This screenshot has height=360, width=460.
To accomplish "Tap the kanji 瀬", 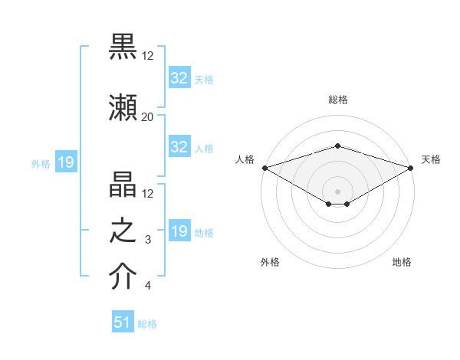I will click(x=123, y=106).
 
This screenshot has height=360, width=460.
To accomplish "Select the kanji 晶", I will click(x=123, y=184).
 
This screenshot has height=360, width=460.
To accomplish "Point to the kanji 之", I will click(x=123, y=231).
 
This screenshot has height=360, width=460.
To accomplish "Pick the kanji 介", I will click(x=123, y=277).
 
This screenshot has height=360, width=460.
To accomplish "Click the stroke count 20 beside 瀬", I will click(x=147, y=116).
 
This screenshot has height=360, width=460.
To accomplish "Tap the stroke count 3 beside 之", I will click(x=148, y=240).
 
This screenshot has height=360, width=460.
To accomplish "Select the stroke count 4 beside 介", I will click(x=148, y=286).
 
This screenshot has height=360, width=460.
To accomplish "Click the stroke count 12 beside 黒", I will click(x=147, y=55).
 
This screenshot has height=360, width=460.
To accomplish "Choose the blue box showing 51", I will click(x=123, y=322).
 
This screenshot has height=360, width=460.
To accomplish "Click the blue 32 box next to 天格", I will click(x=179, y=78).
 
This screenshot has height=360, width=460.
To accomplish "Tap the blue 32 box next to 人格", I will click(x=179, y=147).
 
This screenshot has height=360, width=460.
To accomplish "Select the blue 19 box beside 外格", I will click(x=65, y=162).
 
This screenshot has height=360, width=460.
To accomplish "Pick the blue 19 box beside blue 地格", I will click(x=179, y=231).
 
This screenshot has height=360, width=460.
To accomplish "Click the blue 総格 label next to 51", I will click(x=147, y=324).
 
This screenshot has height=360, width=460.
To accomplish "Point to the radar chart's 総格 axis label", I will click(x=337, y=100).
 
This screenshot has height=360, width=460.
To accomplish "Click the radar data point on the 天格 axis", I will click(x=412, y=168).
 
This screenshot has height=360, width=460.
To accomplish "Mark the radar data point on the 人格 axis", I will click(x=264, y=167).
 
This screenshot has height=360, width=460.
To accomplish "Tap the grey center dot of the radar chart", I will click(x=337, y=191).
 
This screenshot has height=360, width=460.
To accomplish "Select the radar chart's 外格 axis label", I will click(x=270, y=262).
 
